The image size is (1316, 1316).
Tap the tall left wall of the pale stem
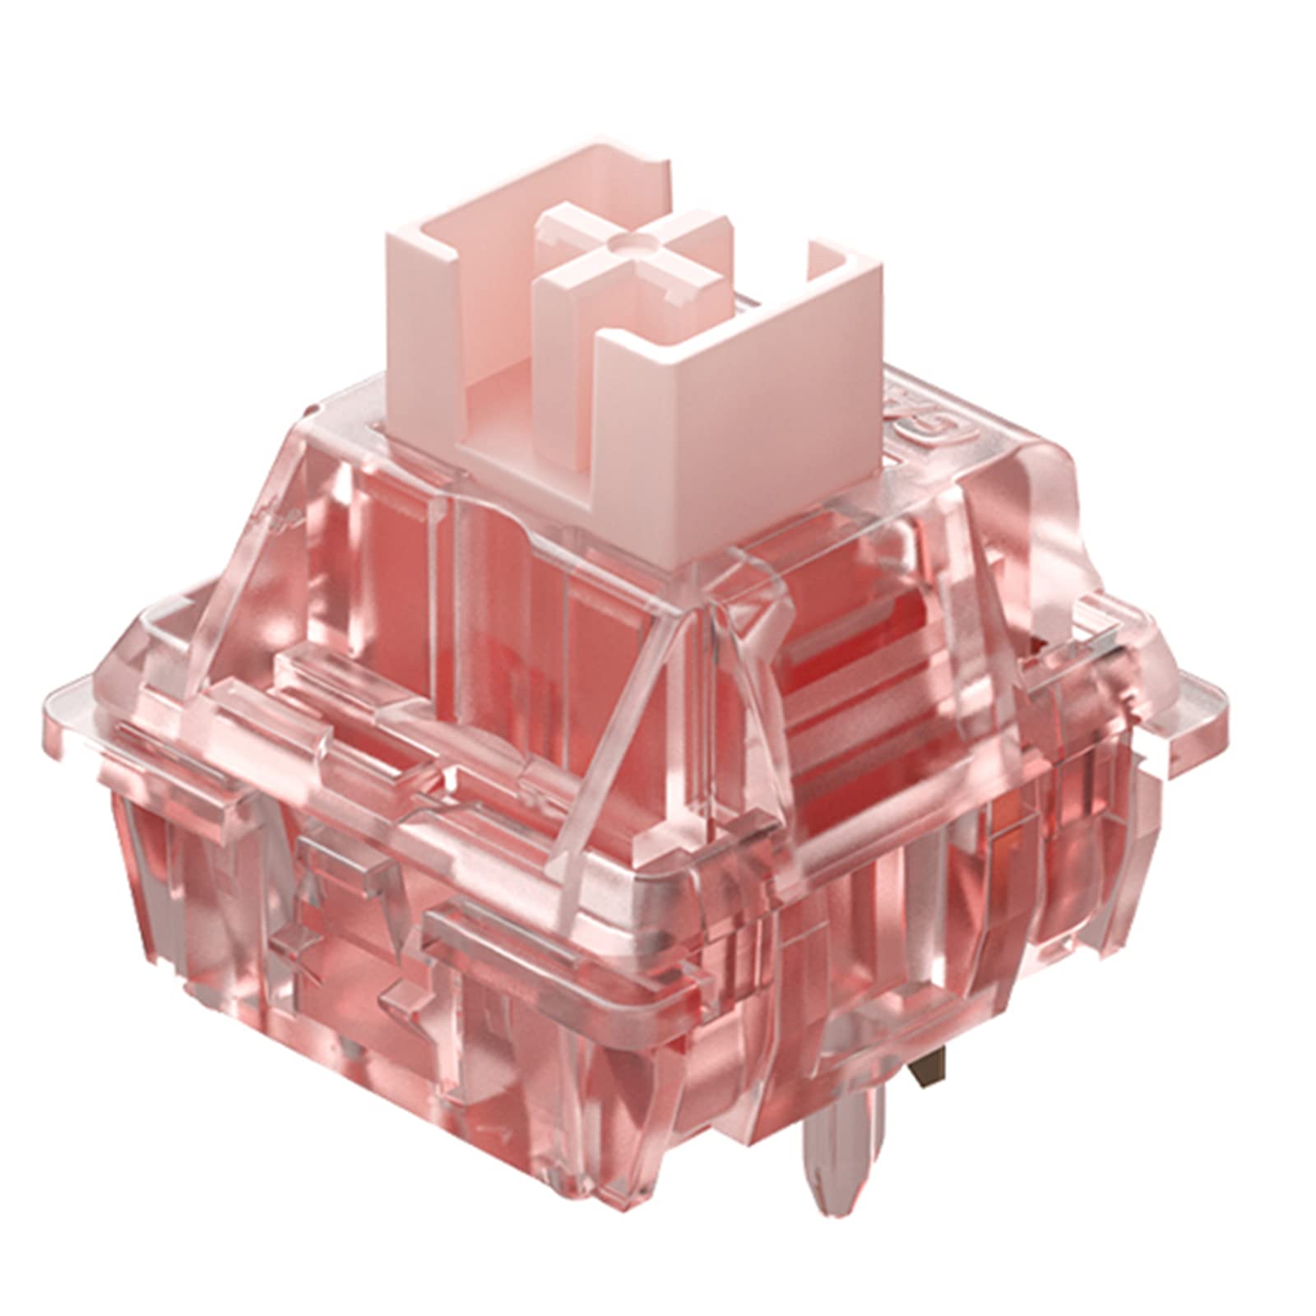pyautogui.click(x=419, y=329)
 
